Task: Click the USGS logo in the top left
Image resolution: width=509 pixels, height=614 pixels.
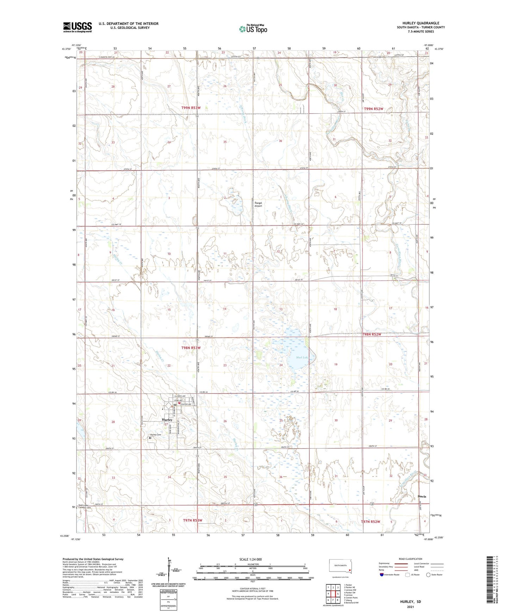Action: pos(77,27)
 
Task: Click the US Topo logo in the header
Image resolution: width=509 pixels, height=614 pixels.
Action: pos(253,29)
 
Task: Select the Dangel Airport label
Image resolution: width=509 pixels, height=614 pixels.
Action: pos(259,204)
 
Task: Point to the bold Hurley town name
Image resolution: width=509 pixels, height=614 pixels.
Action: pos(167,420)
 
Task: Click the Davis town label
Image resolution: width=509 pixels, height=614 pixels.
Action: pos(422,497)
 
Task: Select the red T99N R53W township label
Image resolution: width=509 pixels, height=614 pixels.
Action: pos(191,108)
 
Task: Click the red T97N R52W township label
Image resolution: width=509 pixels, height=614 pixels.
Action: pos(371,522)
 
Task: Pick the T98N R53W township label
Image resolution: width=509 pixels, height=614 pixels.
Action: pos(191,348)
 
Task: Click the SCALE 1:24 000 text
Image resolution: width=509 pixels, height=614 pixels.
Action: pos(250,559)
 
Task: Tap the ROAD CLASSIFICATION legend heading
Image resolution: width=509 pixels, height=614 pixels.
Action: pos(410,559)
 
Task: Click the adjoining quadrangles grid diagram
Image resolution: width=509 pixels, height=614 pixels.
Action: pos(333,594)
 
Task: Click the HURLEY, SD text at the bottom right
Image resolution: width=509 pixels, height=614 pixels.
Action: pos(410,602)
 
